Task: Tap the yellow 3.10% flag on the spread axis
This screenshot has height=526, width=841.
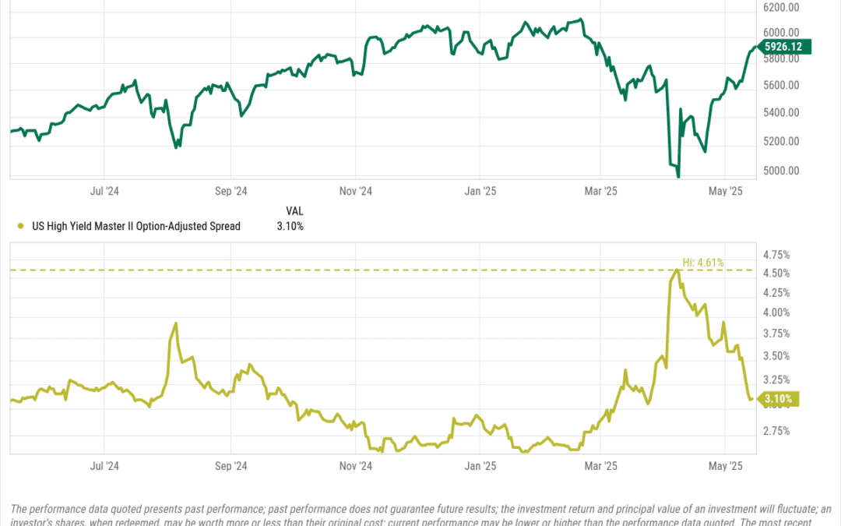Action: pos(778,400)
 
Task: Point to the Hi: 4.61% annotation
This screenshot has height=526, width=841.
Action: pos(702,263)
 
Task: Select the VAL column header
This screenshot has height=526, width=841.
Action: pos(294,211)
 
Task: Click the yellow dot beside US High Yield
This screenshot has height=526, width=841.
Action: pos(19,227)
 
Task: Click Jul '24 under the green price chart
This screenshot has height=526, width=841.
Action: pos(104,190)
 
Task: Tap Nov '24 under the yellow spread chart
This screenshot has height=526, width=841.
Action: pos(355,466)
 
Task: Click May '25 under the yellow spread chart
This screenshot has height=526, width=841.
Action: pos(724,466)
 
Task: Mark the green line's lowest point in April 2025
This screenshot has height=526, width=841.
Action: pos(678,177)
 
